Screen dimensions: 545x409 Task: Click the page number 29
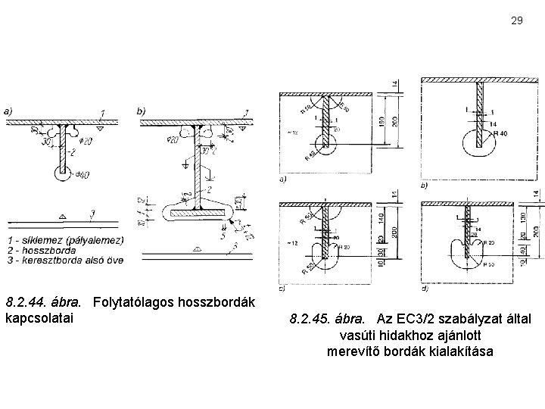pyautogui.click(x=517, y=20)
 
